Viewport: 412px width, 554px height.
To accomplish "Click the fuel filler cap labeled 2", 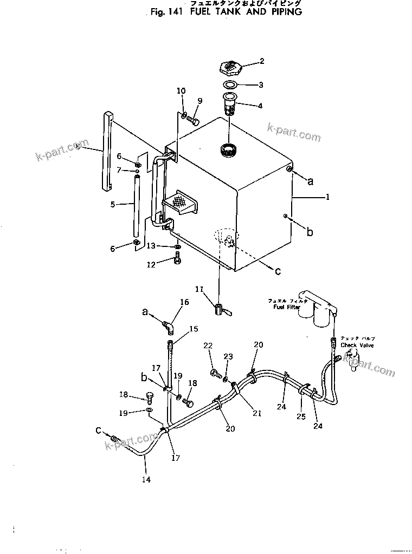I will (232, 68).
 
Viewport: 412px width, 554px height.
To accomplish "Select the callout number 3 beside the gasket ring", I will (261, 84).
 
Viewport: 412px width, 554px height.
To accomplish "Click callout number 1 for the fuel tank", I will (327, 198).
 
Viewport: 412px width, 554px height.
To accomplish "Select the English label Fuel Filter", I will (280, 307).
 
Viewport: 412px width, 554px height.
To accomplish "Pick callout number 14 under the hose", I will (146, 479).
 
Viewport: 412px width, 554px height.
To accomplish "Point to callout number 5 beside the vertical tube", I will (113, 204).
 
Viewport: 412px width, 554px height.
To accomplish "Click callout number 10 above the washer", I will (181, 90).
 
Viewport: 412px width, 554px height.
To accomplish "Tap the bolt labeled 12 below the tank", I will (178, 262).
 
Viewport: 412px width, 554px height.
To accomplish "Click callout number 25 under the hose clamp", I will (301, 416).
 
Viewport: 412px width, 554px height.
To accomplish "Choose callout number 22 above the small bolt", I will (208, 346).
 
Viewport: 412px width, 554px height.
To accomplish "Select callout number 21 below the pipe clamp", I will (256, 413).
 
